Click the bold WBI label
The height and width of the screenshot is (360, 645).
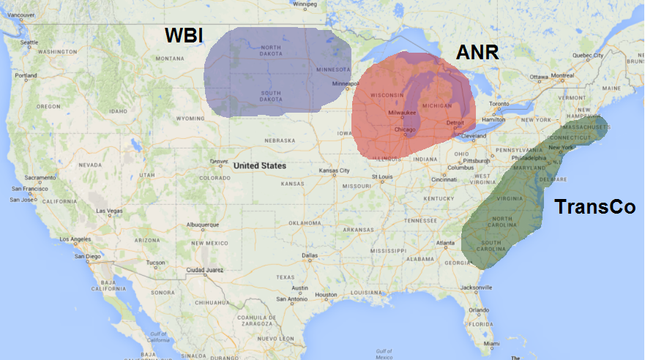[184, 36]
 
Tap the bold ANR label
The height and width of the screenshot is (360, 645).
[478, 53]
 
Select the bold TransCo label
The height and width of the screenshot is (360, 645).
[594, 207]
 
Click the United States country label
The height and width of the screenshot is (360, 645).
[260, 165]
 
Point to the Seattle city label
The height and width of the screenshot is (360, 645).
[29, 42]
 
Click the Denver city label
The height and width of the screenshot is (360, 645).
[219, 162]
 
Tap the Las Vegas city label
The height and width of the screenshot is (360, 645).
[109, 211]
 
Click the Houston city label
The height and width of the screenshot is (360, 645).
[326, 295]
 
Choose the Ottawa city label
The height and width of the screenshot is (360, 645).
[538, 77]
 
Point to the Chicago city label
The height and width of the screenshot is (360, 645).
[404, 130]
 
